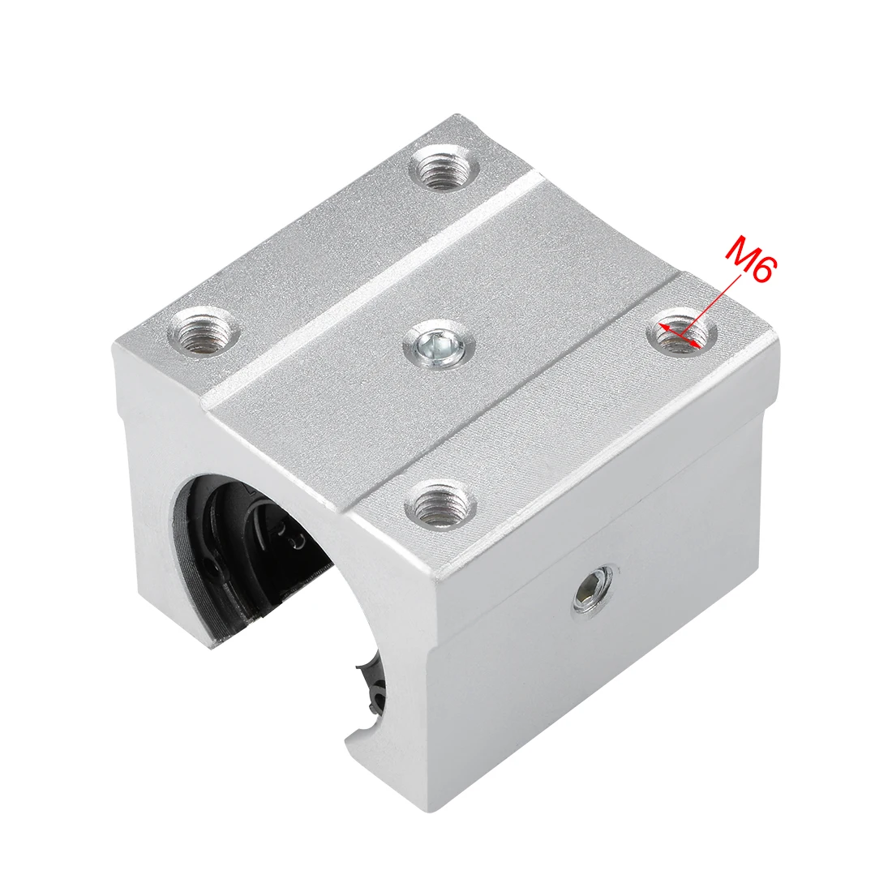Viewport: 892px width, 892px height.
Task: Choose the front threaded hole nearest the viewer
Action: pos(440,508)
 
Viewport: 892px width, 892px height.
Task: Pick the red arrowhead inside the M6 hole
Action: pos(667,327)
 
